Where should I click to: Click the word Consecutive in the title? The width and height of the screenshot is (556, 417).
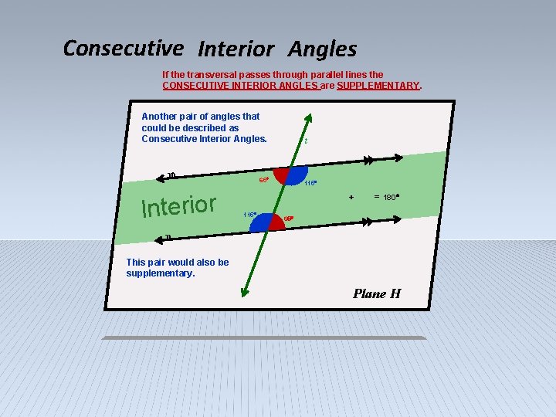tap(123, 48)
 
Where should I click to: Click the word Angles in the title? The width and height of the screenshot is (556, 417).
tap(322, 49)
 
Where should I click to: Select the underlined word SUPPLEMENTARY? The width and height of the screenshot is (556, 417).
tap(378, 86)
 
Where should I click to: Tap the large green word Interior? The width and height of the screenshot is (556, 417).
tap(178, 205)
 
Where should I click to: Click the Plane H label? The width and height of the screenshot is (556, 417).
tap(376, 293)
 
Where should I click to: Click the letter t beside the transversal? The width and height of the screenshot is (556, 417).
tap(306, 141)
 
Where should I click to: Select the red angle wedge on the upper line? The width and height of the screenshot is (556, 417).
tap(283, 175)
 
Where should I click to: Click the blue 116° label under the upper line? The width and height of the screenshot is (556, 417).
tap(310, 184)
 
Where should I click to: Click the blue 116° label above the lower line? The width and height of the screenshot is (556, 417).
tap(249, 214)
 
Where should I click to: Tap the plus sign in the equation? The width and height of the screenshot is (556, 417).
tap(351, 197)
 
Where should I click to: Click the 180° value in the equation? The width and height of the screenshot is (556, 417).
tap(391, 198)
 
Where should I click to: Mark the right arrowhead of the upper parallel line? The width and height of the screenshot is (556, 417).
tap(398, 158)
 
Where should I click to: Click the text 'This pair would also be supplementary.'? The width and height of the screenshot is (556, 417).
tap(177, 267)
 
